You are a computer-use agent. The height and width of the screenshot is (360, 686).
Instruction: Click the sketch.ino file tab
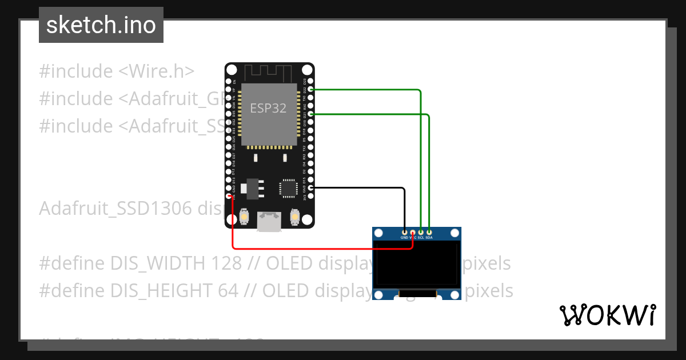pyautogui.click(x=101, y=25)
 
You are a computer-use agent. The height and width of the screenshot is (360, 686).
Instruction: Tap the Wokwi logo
pyautogui.click(x=607, y=315)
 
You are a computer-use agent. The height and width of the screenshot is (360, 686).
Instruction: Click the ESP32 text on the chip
pyautogui.click(x=268, y=107)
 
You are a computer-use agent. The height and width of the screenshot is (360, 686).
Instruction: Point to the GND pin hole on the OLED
pyautogui.click(x=405, y=233)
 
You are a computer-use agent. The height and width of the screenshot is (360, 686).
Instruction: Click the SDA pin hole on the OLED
pyautogui.click(x=429, y=233)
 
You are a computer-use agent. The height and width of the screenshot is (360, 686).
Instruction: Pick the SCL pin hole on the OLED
pyautogui.click(x=421, y=233)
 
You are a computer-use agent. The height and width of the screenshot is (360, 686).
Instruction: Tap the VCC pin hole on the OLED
pyautogui.click(x=413, y=233)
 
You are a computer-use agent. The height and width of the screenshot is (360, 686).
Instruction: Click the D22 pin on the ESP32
pyautogui.click(x=311, y=90)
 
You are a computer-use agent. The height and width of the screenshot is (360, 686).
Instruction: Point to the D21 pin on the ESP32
pyautogui.click(x=311, y=114)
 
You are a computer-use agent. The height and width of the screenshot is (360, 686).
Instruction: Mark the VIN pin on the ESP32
pyautogui.click(x=229, y=196)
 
